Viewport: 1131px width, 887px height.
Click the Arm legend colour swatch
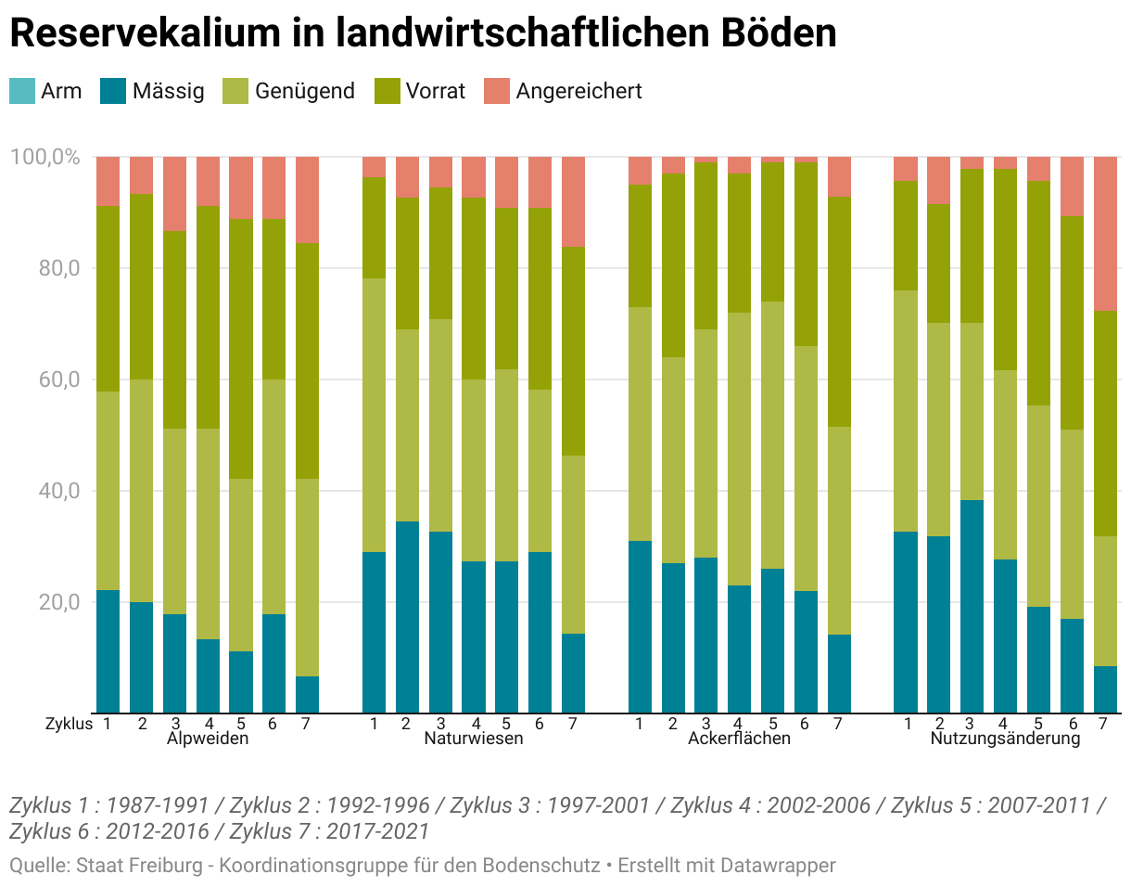[x=21, y=91]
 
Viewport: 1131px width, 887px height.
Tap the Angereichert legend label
[x=578, y=91]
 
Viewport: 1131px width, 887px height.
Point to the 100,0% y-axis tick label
[x=44, y=157]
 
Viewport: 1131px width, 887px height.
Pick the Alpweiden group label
[x=208, y=739]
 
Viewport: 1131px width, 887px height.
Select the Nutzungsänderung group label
[x=1005, y=739]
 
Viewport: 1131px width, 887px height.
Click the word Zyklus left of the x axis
[x=69, y=724]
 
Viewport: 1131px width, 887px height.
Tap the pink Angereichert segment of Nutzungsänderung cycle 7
[x=1105, y=234]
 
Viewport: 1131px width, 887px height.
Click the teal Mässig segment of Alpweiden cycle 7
[x=308, y=694]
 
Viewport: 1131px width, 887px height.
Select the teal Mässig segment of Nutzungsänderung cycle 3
[x=972, y=606]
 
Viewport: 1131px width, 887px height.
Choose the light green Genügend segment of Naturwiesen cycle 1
[x=375, y=415]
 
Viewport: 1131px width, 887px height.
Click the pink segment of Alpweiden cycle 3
[x=174, y=194]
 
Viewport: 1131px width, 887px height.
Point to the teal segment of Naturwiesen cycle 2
[x=407, y=617]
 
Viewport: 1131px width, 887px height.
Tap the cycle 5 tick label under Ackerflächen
[x=772, y=724]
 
